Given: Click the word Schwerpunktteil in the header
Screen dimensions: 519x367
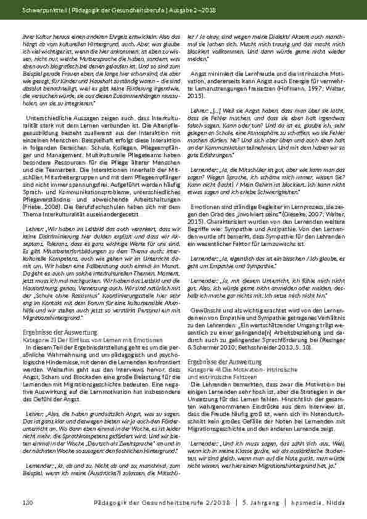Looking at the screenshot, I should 41,12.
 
